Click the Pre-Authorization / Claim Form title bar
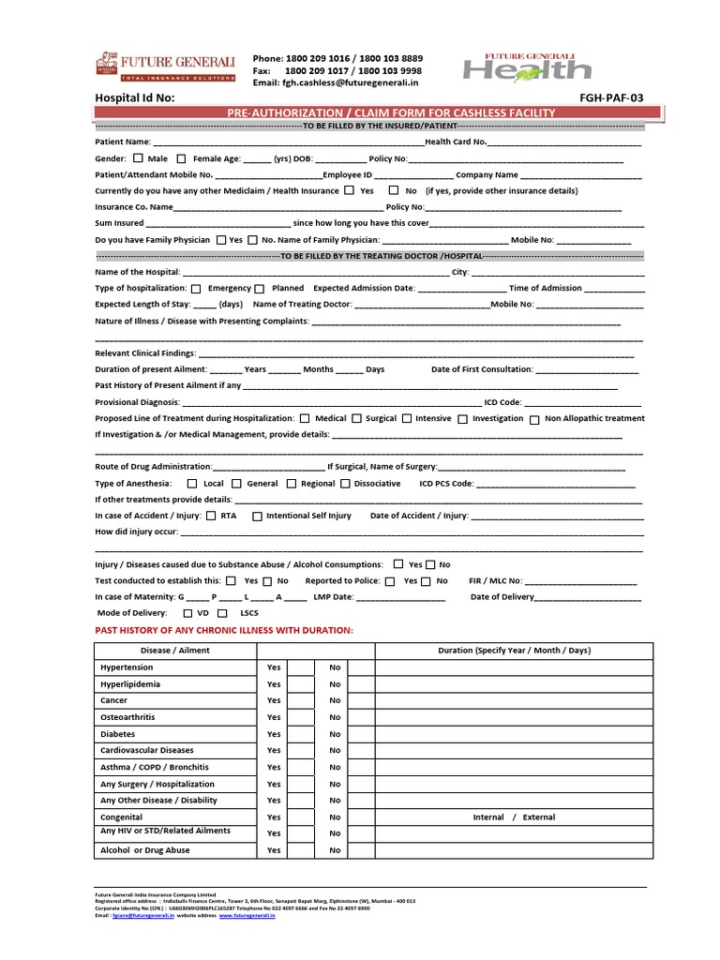tap(391, 112)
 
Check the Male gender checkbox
tap(139, 158)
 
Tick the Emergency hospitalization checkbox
tap(196, 289)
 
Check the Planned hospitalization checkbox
tap(260, 289)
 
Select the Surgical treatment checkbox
tap(356, 419)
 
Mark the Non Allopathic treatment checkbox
tap(533, 419)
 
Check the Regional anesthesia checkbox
tap(292, 484)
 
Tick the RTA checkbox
tap(211, 516)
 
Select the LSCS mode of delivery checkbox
tap(222, 613)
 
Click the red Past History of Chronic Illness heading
tap(224, 631)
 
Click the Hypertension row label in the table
tap(127, 667)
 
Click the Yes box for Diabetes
tap(301, 734)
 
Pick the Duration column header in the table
tap(514, 651)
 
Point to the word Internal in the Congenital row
tap(488, 817)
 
